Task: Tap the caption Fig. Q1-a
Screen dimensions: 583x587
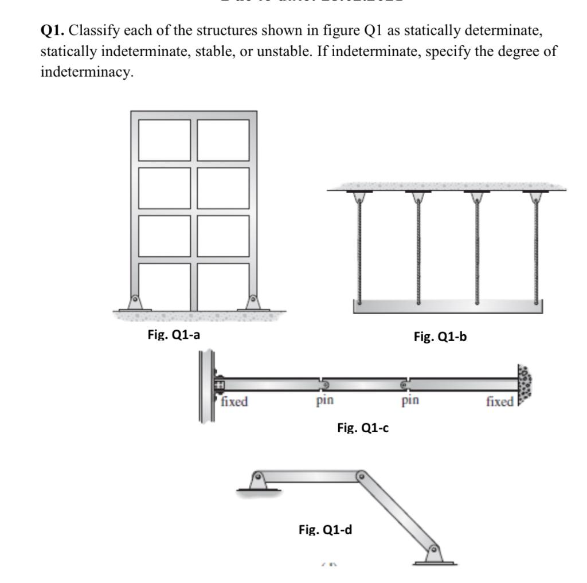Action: tap(174, 335)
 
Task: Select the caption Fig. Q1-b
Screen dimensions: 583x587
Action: tap(440, 337)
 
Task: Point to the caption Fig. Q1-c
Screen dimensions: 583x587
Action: tap(363, 427)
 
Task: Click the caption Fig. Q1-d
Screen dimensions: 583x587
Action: tap(325, 530)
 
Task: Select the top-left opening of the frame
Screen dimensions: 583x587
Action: tap(164, 140)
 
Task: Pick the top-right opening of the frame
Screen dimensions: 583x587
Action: tap(224, 140)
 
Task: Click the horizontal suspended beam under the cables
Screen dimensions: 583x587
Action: tap(448, 307)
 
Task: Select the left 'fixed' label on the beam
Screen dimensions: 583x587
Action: tap(234, 402)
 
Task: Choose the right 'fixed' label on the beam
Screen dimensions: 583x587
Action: tap(500, 402)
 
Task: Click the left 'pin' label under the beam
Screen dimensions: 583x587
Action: tap(324, 400)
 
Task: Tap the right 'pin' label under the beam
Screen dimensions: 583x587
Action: tap(410, 400)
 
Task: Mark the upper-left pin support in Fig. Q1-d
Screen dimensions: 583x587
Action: tap(259, 480)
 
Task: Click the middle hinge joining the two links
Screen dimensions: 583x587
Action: tap(361, 475)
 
